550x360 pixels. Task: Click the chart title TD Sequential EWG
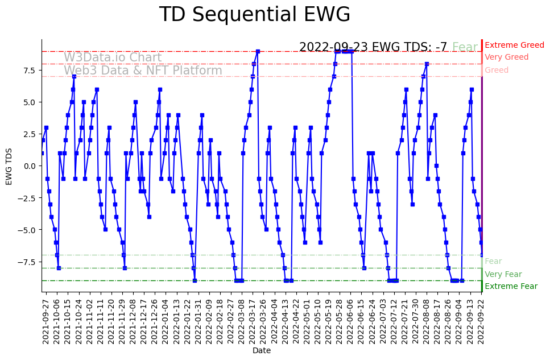click(254, 15)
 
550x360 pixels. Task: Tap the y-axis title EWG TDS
click(9, 165)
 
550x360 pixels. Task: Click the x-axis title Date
click(262, 351)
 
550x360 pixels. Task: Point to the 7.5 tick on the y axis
click(29, 71)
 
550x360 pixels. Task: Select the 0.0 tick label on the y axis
click(29, 166)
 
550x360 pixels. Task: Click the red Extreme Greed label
click(514, 45)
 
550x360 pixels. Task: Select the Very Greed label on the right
click(506, 57)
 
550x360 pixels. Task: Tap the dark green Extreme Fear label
click(511, 287)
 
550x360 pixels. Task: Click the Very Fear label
click(503, 274)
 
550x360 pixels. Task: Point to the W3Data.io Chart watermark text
click(113, 57)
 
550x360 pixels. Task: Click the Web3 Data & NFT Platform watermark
click(143, 71)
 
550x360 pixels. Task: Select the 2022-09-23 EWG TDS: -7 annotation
click(373, 47)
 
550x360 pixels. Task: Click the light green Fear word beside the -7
click(465, 47)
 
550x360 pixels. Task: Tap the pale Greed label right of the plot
click(497, 70)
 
